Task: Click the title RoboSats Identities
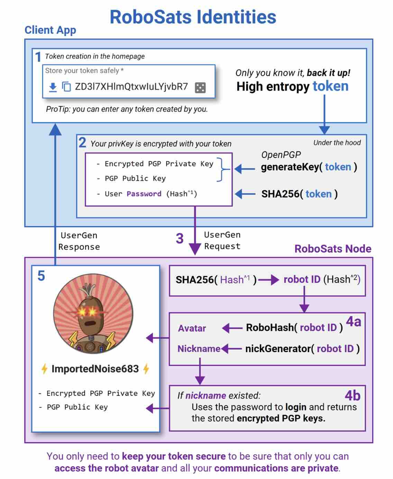(193, 17)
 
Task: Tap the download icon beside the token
(53, 87)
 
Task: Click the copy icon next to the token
(66, 87)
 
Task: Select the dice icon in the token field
(200, 87)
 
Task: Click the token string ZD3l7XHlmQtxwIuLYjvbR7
(131, 87)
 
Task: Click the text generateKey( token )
(309, 167)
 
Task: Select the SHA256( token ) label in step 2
(299, 194)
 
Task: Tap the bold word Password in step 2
(144, 194)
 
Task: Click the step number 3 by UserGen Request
(180, 238)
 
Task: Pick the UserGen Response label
(79, 241)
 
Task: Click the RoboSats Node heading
(332, 249)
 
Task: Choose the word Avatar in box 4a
(192, 328)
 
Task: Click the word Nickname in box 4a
(199, 349)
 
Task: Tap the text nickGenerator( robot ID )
(302, 349)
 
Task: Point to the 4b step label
(352, 395)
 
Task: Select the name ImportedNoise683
(95, 369)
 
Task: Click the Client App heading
(50, 30)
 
